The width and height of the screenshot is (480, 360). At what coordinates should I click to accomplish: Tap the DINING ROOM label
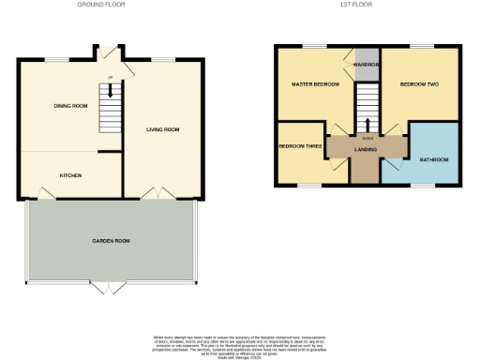70,106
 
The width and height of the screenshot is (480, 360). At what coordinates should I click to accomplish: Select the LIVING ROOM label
162,129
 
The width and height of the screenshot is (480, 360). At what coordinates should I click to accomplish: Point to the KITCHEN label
71,174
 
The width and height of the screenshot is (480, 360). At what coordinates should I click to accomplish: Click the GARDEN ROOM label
111,241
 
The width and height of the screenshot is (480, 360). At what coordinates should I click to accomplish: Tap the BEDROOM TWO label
419,85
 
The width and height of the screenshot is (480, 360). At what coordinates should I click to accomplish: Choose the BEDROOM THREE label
298,147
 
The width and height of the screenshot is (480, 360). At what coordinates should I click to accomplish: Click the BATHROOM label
433,160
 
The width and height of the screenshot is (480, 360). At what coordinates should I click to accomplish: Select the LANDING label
366,150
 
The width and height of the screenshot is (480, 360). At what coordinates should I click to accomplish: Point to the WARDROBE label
366,64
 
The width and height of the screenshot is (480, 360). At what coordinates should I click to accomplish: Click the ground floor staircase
111,109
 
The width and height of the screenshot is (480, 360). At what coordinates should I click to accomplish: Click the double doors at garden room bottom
112,289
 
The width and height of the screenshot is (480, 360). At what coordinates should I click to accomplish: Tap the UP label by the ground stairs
110,77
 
